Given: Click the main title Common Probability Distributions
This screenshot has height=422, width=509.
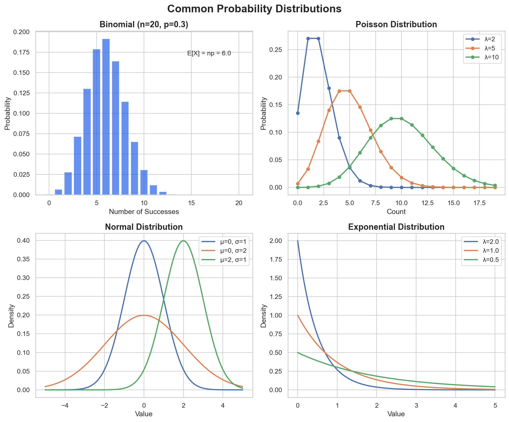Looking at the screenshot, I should (x=254, y=9).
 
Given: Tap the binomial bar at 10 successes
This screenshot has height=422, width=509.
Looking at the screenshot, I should (x=144, y=182).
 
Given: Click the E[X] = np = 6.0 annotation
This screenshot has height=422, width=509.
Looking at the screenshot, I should (x=209, y=53).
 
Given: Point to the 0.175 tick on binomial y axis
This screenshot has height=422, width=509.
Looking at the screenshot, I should (x=22, y=52).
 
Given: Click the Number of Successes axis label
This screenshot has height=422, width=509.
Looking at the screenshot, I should (x=144, y=212).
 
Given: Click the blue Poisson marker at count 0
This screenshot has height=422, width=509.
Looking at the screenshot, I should (x=298, y=113).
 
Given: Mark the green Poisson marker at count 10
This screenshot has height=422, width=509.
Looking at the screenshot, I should (x=401, y=118).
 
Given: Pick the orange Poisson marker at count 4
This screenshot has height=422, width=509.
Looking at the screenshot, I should (x=339, y=91).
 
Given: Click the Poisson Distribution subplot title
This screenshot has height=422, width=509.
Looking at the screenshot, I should (x=396, y=24).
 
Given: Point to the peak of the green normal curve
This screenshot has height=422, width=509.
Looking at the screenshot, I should (x=183, y=241).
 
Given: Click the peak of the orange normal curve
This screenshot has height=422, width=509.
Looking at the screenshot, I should (x=144, y=315).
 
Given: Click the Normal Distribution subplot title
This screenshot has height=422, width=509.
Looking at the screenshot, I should (x=144, y=227).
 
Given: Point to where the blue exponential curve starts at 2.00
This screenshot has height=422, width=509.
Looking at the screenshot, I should (x=298, y=241).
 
